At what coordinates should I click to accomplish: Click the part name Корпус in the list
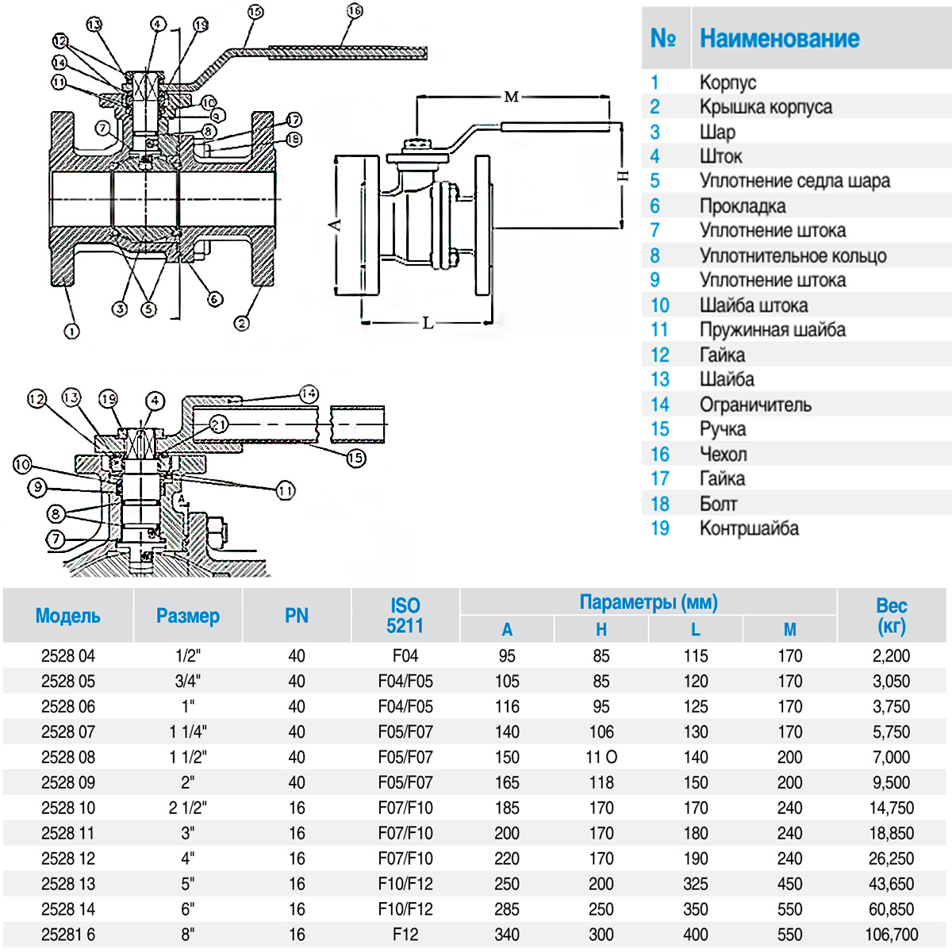point(727,83)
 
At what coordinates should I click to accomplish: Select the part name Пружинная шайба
point(772,330)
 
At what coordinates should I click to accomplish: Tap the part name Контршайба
point(749,528)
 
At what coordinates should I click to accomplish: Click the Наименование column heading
point(779,38)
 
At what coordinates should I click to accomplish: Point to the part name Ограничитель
point(755,405)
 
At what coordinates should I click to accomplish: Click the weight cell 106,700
point(891,935)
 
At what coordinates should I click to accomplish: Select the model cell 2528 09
point(68,782)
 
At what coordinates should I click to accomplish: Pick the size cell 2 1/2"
point(187,808)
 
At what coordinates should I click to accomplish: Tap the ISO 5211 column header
point(405,616)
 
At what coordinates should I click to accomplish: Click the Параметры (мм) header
point(648,602)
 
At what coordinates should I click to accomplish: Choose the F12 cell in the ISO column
point(405,935)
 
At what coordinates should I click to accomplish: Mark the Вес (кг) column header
point(891,616)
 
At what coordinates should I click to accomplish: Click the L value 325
point(695,884)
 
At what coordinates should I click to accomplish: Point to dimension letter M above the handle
point(512,97)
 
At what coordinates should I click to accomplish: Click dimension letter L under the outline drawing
point(428,323)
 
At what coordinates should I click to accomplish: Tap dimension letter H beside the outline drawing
point(623,175)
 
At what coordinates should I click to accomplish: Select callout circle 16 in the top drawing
point(355,11)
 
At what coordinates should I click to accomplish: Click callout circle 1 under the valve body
point(71,332)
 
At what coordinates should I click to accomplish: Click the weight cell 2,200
point(891,656)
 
